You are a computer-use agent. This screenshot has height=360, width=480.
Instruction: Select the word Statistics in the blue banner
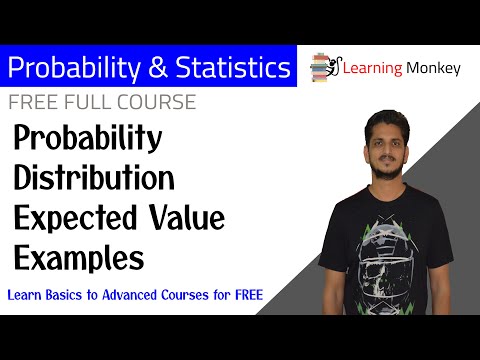[222, 69]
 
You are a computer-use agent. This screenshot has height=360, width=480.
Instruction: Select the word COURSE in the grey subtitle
[158, 103]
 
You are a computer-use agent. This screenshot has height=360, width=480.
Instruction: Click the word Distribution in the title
[95, 180]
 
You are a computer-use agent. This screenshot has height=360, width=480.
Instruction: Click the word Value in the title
[181, 218]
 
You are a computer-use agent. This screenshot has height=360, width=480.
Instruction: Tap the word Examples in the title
[78, 257]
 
